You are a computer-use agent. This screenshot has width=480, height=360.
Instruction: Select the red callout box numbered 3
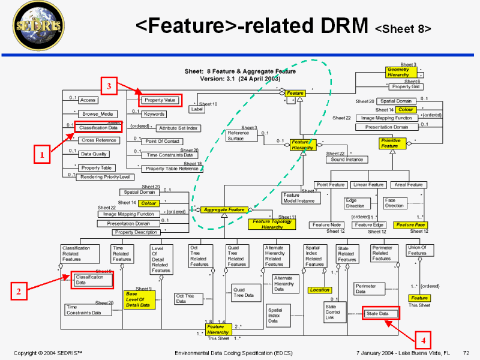point(109,86)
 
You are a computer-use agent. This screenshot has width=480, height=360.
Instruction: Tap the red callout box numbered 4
point(423,340)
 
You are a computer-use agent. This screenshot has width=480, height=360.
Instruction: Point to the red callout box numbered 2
point(19,292)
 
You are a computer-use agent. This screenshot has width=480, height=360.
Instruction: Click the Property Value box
point(160,100)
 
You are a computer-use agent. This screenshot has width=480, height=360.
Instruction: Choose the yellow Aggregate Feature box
point(224,210)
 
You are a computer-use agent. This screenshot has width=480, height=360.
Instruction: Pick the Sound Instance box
point(346,160)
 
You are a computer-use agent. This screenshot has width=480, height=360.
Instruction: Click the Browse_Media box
point(98,113)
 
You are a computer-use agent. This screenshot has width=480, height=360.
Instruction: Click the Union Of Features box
point(416,250)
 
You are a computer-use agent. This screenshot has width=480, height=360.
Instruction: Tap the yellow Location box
point(319,290)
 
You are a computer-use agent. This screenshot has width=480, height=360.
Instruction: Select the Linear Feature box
point(368,185)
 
